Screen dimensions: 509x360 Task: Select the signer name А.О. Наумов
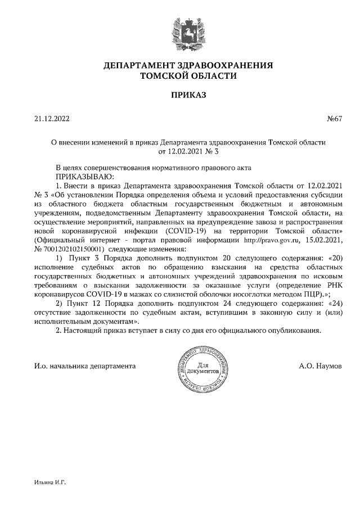[x=320, y=366]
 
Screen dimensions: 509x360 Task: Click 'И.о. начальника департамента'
[x=85, y=366]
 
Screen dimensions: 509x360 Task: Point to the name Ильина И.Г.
[x=50, y=483]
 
